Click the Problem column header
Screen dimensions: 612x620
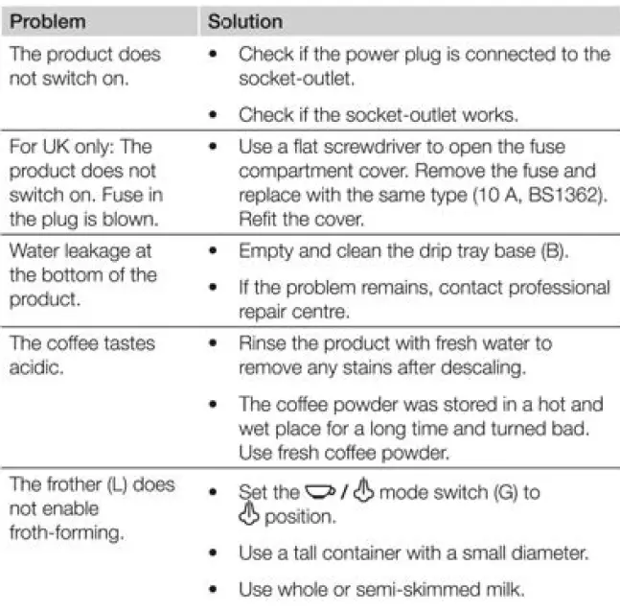47,20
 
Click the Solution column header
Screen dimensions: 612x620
245,20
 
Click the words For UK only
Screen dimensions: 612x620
65,148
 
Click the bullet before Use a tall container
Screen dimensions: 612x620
212,553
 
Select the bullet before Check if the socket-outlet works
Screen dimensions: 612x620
212,114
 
